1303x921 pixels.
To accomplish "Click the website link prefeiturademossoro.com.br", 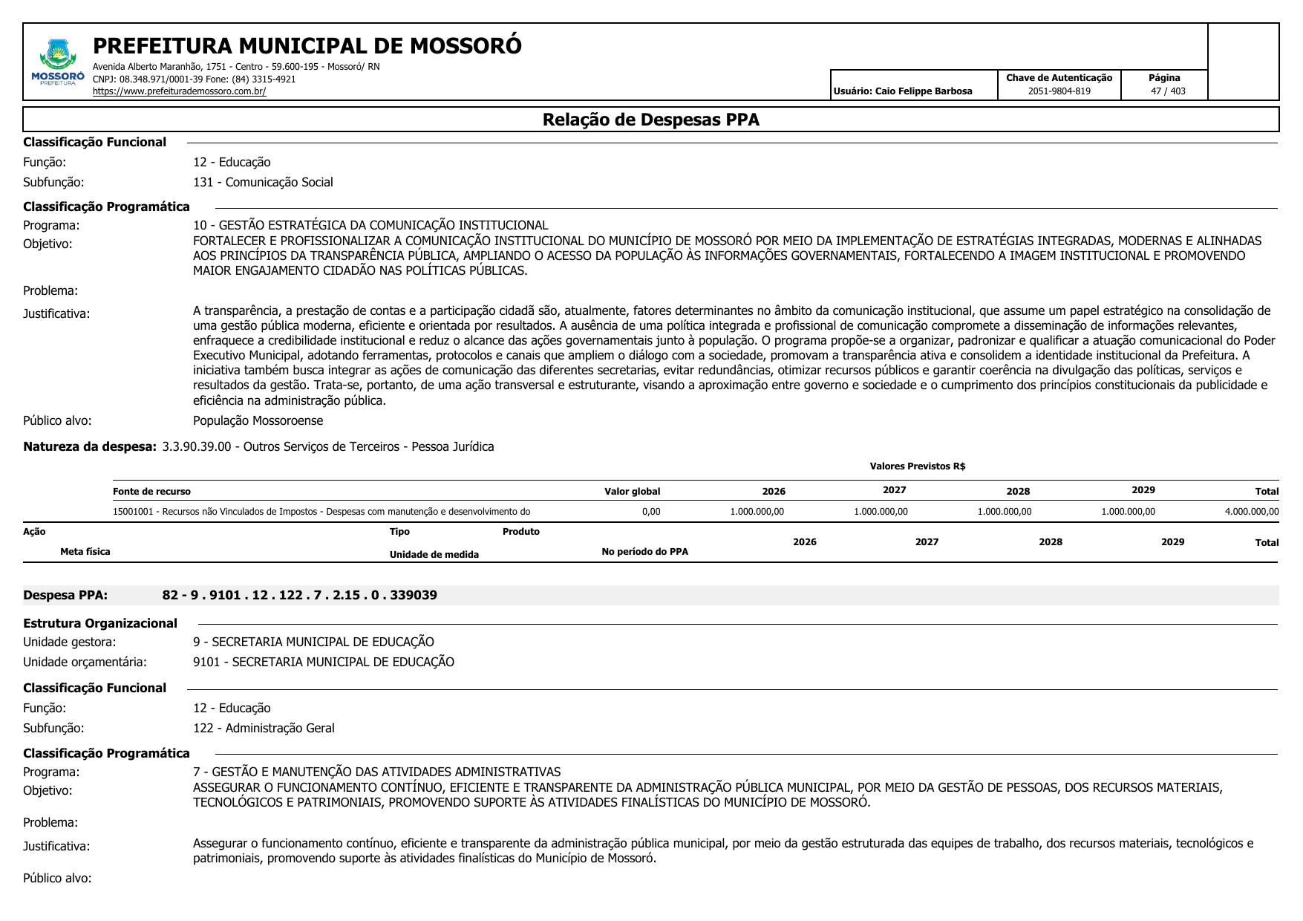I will (179, 91).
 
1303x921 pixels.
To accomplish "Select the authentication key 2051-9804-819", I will (1059, 91).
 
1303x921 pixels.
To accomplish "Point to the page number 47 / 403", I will (1168, 91).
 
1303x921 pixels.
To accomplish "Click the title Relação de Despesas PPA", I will (650, 120).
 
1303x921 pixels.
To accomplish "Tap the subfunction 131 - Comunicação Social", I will (263, 182).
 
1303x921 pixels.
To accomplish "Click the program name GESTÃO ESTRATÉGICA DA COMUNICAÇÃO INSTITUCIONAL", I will (383, 225).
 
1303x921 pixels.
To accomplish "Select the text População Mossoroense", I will (258, 420).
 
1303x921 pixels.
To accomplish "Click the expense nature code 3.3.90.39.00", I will (197, 446).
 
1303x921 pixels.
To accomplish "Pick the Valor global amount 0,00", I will (650, 512).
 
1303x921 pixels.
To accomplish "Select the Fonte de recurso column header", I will (151, 492).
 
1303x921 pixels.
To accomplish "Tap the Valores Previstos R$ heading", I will (917, 466).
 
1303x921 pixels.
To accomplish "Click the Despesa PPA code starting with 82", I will (299, 595).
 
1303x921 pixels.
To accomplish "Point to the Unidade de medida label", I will (434, 555).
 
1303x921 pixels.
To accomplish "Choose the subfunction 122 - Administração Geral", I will (264, 728).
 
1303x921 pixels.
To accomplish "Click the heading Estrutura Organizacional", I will (100, 623).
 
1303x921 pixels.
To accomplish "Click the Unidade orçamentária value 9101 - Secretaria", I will (323, 662).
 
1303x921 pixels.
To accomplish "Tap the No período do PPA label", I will (644, 552).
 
